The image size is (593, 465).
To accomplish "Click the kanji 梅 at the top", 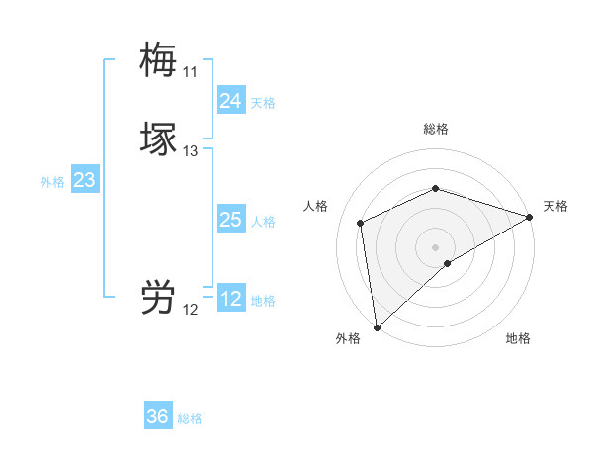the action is tap(158, 59).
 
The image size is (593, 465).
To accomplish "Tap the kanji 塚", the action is tap(158, 139).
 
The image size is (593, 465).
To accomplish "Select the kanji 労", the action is tap(158, 297).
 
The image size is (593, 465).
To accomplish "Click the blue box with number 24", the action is tap(230, 100).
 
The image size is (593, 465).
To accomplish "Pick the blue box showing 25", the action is tap(230, 220).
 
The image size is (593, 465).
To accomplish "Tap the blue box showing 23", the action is tap(84, 180).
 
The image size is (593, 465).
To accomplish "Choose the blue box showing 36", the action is tap(158, 417).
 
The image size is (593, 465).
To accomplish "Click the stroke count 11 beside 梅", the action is tap(190, 72).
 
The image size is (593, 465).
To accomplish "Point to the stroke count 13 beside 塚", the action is tap(191, 151).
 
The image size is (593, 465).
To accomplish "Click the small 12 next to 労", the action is tap(191, 310).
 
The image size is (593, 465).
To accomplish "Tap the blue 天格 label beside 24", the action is tap(263, 102).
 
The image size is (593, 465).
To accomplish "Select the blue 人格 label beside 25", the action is tap(263, 222).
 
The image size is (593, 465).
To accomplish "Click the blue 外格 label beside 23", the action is tap(51, 182).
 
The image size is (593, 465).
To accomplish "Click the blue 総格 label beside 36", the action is tap(190, 418).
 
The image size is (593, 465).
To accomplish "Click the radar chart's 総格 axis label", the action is tap(435, 129).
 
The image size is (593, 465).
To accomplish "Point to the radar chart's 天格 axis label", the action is tap(555, 206).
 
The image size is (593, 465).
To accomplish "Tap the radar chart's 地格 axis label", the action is tap(518, 338).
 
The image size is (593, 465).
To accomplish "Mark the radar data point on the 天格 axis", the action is tap(530, 217).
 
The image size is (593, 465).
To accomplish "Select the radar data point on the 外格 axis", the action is tap(377, 327).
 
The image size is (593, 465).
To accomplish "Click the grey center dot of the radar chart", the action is tap(435, 246).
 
